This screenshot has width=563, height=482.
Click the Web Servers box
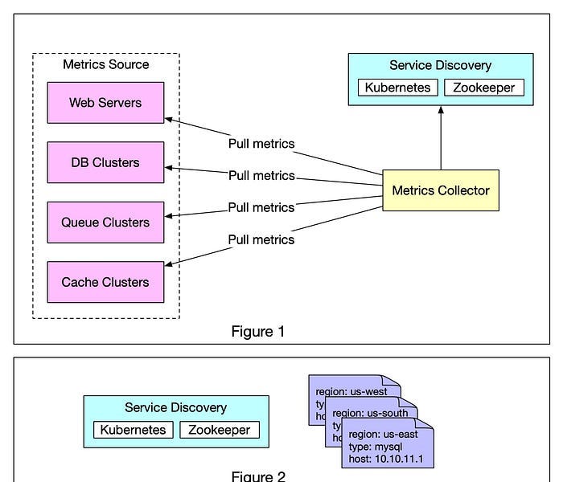click(105, 102)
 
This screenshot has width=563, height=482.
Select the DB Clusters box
click(105, 162)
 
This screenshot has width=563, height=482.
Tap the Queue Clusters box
click(105, 223)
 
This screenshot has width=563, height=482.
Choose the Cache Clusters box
click(105, 282)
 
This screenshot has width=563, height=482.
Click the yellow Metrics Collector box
click(440, 190)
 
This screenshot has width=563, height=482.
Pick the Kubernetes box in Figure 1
click(397, 88)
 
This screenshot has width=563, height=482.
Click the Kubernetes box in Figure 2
click(134, 430)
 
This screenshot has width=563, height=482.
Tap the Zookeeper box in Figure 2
click(220, 430)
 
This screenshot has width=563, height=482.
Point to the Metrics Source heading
click(105, 64)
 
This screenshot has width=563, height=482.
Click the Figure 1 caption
click(257, 331)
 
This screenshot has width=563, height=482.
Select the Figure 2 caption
click(257, 476)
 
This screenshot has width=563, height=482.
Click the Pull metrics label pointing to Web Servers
click(261, 144)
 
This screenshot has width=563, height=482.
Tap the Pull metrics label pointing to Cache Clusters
click(261, 239)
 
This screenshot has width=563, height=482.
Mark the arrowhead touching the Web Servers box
click(169, 120)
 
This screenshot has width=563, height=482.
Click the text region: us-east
click(382, 434)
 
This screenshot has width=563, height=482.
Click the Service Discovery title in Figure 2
click(175, 408)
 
